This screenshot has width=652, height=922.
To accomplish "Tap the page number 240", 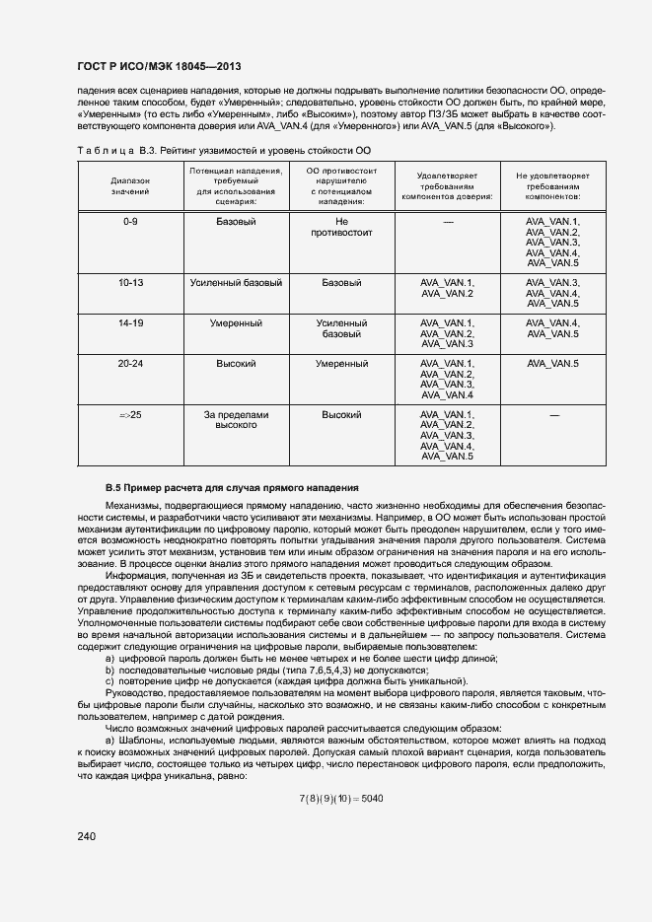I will tap(87, 836).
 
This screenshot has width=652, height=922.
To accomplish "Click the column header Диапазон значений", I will tap(130, 185).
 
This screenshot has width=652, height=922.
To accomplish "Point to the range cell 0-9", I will tap(130, 222).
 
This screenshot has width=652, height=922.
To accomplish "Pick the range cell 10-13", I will tap(130, 283).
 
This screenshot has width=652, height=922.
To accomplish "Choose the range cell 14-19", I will tap(130, 323).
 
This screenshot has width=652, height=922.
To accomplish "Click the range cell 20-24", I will tap(130, 364).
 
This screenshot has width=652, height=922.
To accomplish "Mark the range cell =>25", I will tap(130, 415).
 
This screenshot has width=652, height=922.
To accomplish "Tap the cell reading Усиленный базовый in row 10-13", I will tap(236, 283).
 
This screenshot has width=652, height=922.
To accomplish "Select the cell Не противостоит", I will tap(342, 228).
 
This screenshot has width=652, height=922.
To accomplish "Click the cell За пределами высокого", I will tap(236, 421).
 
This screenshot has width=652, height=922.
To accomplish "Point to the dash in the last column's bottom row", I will tap(553, 415).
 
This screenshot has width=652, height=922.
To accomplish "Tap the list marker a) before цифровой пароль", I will tap(109, 659).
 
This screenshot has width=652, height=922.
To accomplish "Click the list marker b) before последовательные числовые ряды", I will tap(109, 670).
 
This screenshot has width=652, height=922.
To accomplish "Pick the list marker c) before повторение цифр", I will tap(109, 680).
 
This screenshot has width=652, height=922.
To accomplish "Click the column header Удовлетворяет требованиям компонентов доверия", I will tap(448, 185).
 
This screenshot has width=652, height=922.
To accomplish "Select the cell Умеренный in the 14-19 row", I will tap(236, 323).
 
